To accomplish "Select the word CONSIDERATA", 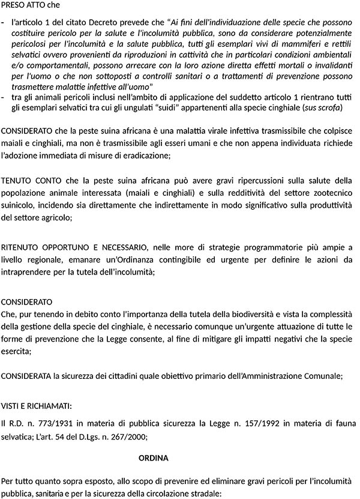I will tap(25, 376).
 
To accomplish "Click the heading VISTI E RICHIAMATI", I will tap(37, 405).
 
